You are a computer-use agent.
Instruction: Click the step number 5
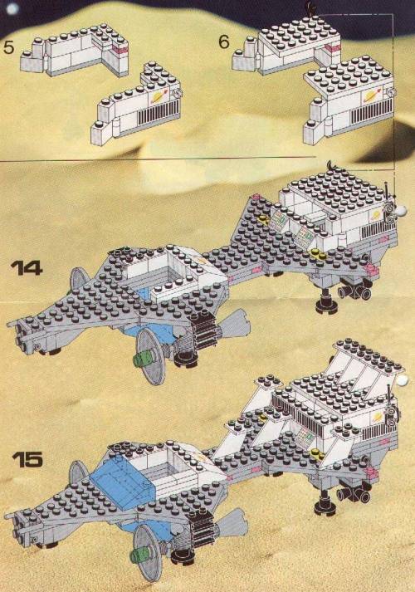[8, 47]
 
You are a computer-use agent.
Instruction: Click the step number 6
[224, 42]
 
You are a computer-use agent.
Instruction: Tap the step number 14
[27, 268]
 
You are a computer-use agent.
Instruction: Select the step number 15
[27, 459]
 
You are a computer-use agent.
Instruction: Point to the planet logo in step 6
[369, 97]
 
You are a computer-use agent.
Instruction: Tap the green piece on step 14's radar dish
[142, 358]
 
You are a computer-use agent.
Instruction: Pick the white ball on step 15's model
[403, 380]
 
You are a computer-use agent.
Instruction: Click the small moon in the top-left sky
[12, 8]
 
